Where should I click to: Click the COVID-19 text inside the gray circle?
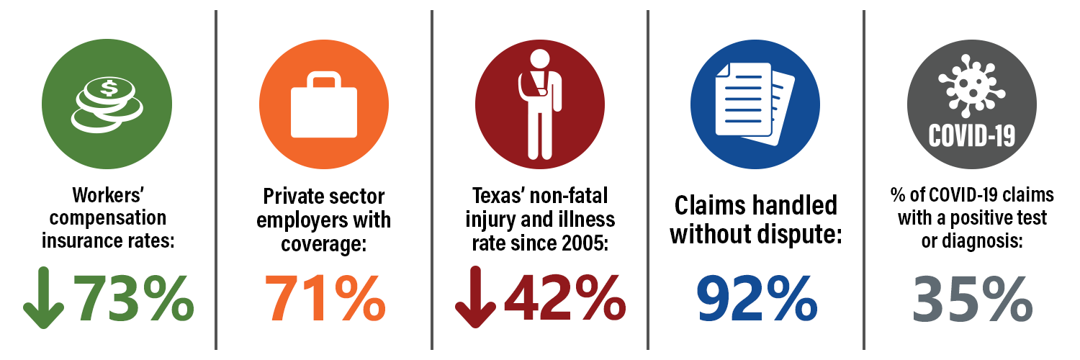(x=971, y=136)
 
